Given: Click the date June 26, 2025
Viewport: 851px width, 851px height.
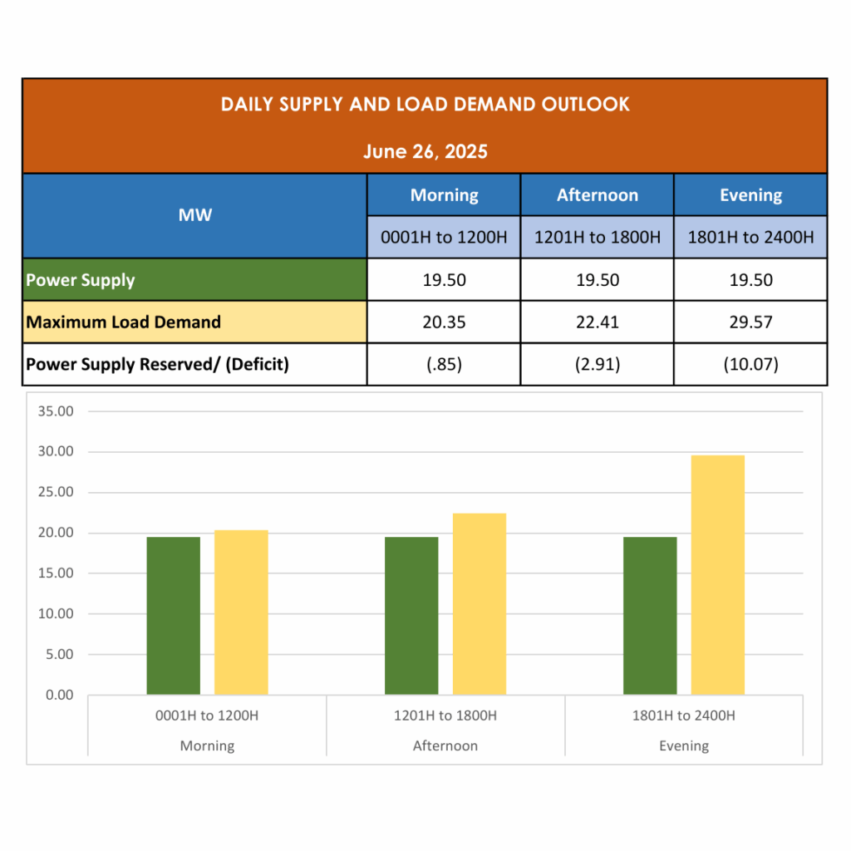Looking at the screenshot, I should click(x=425, y=151).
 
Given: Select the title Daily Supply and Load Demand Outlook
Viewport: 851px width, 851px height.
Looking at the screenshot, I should click(x=425, y=105).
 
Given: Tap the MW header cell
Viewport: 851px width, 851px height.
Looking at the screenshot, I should click(x=194, y=215).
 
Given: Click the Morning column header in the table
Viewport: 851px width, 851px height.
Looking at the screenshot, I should click(x=444, y=195).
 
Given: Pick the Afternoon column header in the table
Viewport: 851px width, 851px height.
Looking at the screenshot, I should click(x=597, y=195).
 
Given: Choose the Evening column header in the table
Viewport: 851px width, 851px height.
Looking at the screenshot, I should click(x=750, y=195).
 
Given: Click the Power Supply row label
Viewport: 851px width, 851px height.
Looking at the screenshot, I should click(x=81, y=280).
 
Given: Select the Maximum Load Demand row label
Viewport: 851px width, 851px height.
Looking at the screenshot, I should click(x=124, y=322).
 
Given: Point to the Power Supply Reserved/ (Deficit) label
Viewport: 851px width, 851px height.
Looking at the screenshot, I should click(x=158, y=364).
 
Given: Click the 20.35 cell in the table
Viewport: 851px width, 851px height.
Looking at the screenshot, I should click(x=444, y=322).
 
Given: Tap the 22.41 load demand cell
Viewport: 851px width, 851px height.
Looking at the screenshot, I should click(x=597, y=322).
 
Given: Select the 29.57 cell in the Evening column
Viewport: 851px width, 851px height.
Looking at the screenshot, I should click(x=750, y=322).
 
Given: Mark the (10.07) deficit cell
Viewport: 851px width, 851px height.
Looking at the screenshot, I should click(x=750, y=364).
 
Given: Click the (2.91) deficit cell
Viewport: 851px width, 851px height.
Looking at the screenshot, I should click(x=597, y=364).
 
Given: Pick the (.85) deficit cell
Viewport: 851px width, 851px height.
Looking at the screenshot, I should click(x=444, y=364).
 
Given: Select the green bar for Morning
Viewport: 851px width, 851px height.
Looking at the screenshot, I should click(x=174, y=616).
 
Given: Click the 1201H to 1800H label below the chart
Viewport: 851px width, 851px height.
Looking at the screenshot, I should click(x=445, y=716).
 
